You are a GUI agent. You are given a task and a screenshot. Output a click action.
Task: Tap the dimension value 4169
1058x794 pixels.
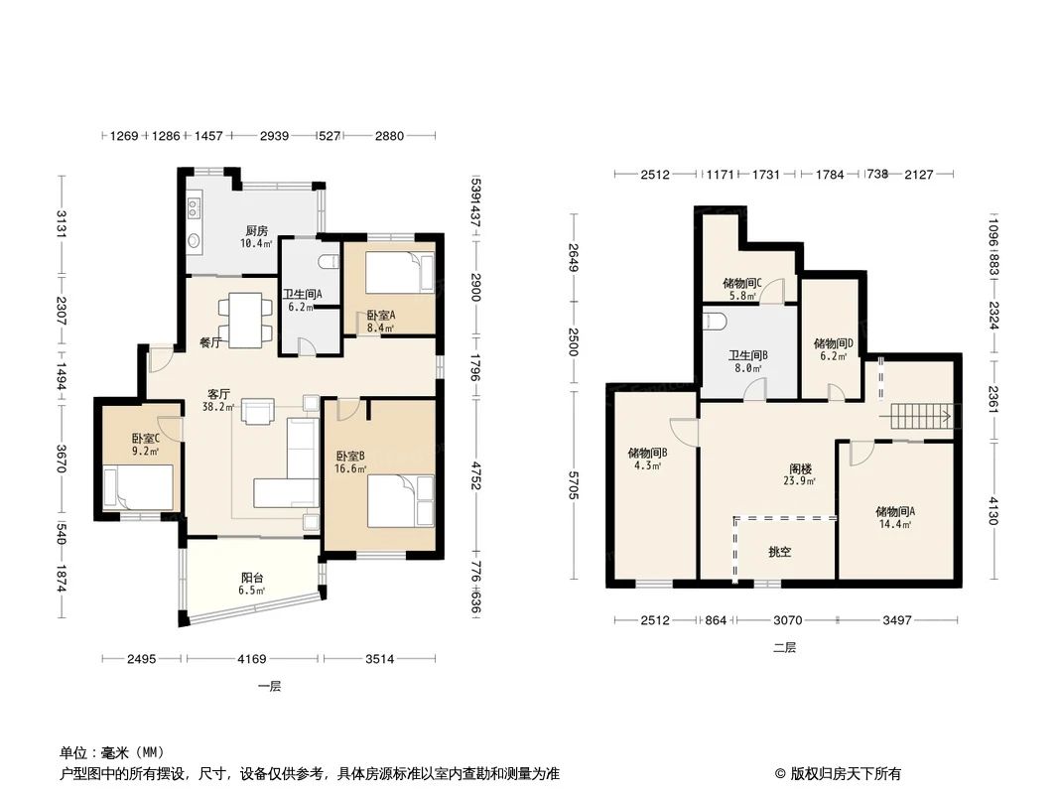click(252, 657)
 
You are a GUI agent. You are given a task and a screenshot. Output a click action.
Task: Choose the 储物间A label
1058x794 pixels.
click(895, 512)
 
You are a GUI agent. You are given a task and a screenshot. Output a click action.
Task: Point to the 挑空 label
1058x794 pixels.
click(780, 552)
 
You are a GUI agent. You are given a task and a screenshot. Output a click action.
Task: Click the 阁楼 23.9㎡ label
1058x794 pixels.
click(800, 474)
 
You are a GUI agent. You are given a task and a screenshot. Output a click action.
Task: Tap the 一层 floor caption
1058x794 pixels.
click(269, 686)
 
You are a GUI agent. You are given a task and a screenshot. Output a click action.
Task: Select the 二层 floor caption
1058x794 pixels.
click(784, 647)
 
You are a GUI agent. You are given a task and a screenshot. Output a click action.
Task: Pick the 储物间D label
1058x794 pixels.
click(834, 344)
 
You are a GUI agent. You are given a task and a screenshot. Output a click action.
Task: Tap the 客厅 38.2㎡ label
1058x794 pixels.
click(219, 400)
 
